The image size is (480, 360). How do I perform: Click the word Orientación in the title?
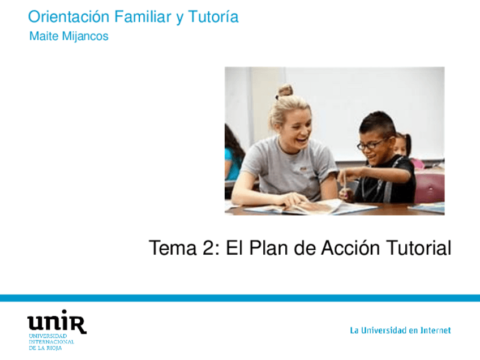point(68,16)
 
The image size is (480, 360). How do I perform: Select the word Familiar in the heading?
point(143,16)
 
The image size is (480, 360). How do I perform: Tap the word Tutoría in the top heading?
point(213,16)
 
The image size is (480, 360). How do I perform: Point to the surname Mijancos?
point(85,37)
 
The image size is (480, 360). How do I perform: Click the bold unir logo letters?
point(57,322)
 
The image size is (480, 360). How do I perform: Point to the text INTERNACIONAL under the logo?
point(52,342)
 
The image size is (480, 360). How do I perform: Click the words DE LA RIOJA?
point(45,348)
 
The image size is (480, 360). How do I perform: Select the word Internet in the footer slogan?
point(435,331)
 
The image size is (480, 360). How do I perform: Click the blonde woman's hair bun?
point(285,91)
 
